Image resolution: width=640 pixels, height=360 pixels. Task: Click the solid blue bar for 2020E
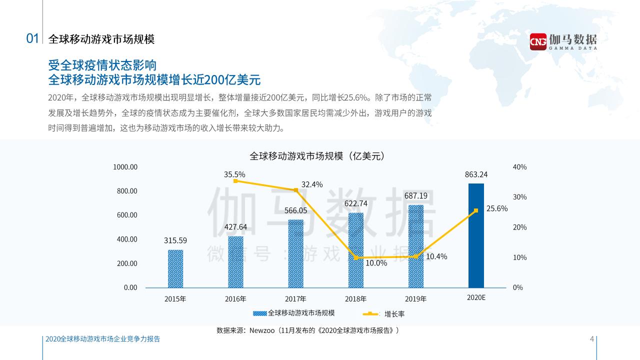(x=476, y=235)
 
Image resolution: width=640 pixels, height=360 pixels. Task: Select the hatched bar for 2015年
(x=175, y=268)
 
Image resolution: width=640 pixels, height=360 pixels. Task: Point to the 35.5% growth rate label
(x=234, y=174)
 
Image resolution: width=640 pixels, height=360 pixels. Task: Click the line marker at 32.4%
(x=296, y=190)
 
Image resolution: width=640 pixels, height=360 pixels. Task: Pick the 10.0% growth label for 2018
(x=376, y=263)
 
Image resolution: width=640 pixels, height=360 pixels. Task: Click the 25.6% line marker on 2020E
(x=476, y=210)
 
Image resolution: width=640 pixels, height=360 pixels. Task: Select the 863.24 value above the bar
(x=476, y=174)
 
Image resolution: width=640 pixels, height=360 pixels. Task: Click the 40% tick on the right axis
(x=520, y=167)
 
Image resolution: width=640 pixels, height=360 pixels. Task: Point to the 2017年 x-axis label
(x=295, y=299)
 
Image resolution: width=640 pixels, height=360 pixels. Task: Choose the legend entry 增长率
(x=394, y=314)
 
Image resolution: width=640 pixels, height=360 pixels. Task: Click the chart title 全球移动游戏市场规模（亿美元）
(x=316, y=156)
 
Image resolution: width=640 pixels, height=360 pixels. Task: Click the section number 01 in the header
(x=32, y=39)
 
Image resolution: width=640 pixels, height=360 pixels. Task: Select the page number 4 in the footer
(x=592, y=339)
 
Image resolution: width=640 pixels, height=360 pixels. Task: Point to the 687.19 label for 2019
(x=416, y=195)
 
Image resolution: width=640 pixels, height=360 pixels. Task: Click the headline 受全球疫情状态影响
(x=102, y=65)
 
